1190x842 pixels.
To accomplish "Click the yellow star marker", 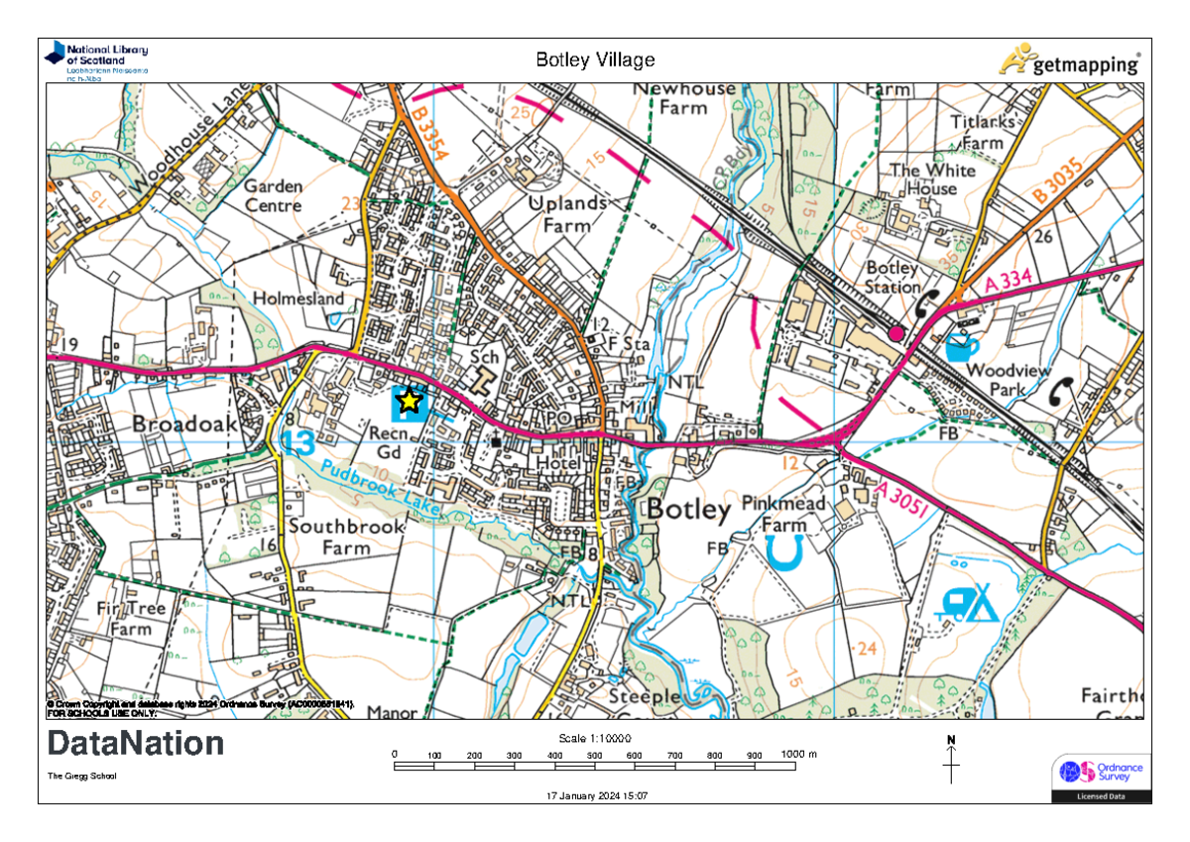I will (409, 402).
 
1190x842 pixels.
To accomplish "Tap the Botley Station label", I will (892, 278).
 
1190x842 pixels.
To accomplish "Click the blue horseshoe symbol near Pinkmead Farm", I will (784, 553).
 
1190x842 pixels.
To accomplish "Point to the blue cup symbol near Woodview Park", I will (961, 347).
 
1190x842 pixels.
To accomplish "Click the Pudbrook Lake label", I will (380, 486).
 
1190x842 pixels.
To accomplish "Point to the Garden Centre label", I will (273, 196).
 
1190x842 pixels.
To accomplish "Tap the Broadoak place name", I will (185, 423).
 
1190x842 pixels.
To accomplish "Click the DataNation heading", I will (136, 744).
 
